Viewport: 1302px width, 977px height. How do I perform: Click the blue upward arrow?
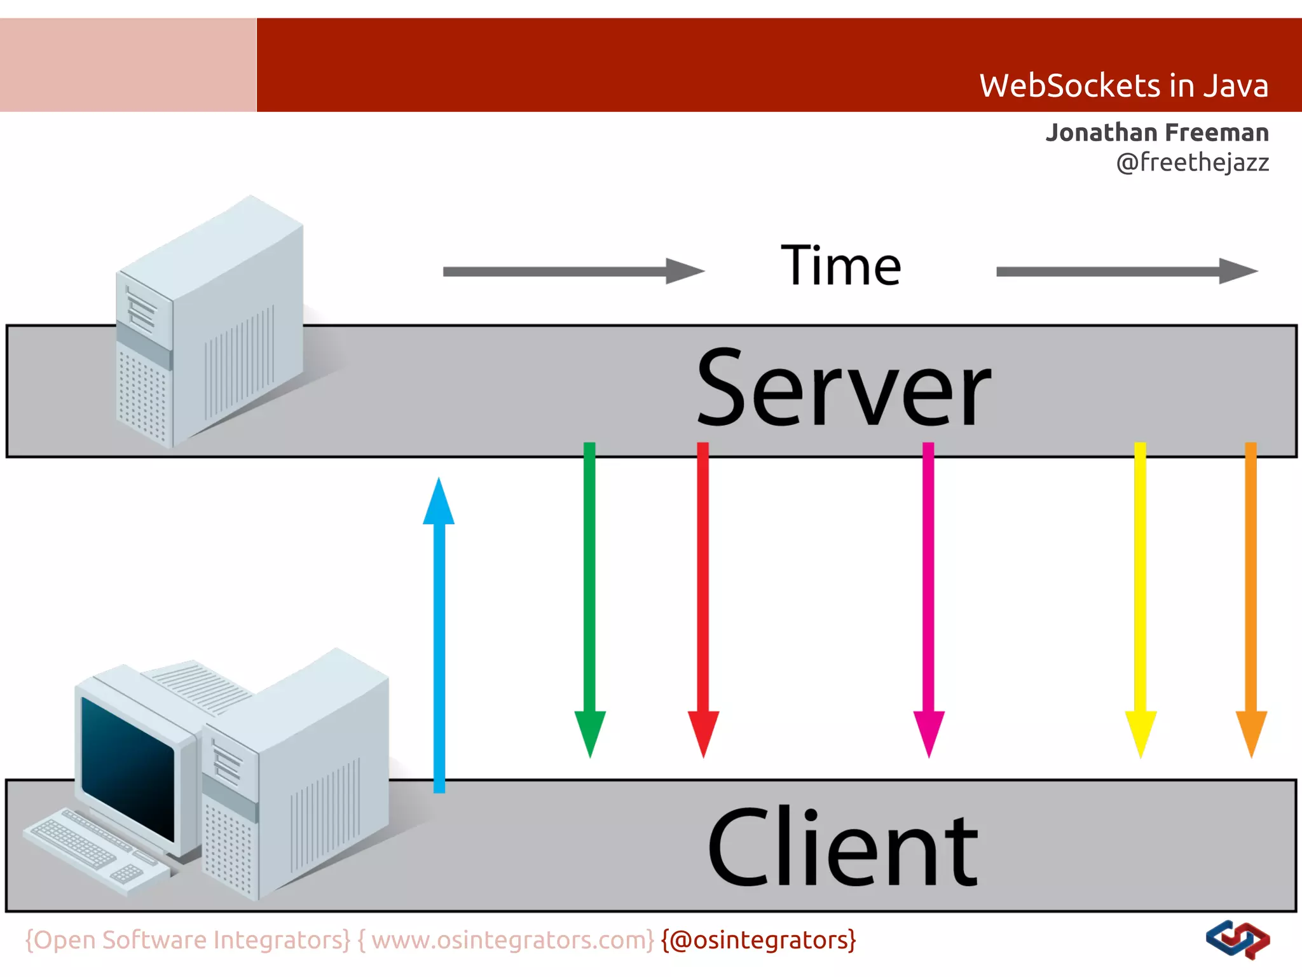(x=439, y=636)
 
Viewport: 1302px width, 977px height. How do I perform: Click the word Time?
(x=840, y=266)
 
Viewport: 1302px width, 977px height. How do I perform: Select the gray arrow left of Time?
(x=572, y=272)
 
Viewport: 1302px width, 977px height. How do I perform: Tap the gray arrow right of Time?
(x=1125, y=272)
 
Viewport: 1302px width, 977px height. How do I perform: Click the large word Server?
(x=843, y=388)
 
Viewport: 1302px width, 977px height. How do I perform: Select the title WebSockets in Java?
(x=1123, y=86)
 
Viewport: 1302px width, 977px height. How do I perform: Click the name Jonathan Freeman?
(x=1157, y=132)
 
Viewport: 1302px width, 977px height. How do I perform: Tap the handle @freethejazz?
(x=1192, y=162)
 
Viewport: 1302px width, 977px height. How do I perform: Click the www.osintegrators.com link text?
(x=512, y=940)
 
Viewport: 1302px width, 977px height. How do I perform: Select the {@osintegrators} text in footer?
(x=758, y=940)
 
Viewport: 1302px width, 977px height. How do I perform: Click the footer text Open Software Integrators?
(x=188, y=940)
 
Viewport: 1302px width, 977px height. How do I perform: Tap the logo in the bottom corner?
(x=1237, y=939)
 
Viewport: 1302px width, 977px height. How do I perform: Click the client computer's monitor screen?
(x=127, y=766)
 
